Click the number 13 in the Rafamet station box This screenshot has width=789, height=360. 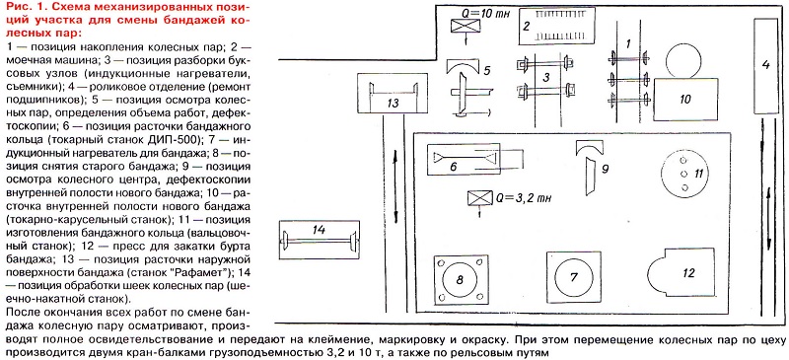[393, 104]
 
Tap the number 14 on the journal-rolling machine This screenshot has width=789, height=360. [319, 230]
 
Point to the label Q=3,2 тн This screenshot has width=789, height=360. [524, 198]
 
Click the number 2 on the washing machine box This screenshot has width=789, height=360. [527, 26]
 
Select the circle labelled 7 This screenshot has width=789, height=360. [573, 277]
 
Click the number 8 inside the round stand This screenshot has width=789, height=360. [459, 279]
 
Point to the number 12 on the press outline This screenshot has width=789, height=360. [688, 273]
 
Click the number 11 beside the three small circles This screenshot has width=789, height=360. [698, 174]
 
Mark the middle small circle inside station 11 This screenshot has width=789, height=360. [683, 174]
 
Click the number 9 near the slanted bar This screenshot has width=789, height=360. [606, 169]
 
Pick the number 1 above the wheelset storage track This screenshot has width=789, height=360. [627, 43]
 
